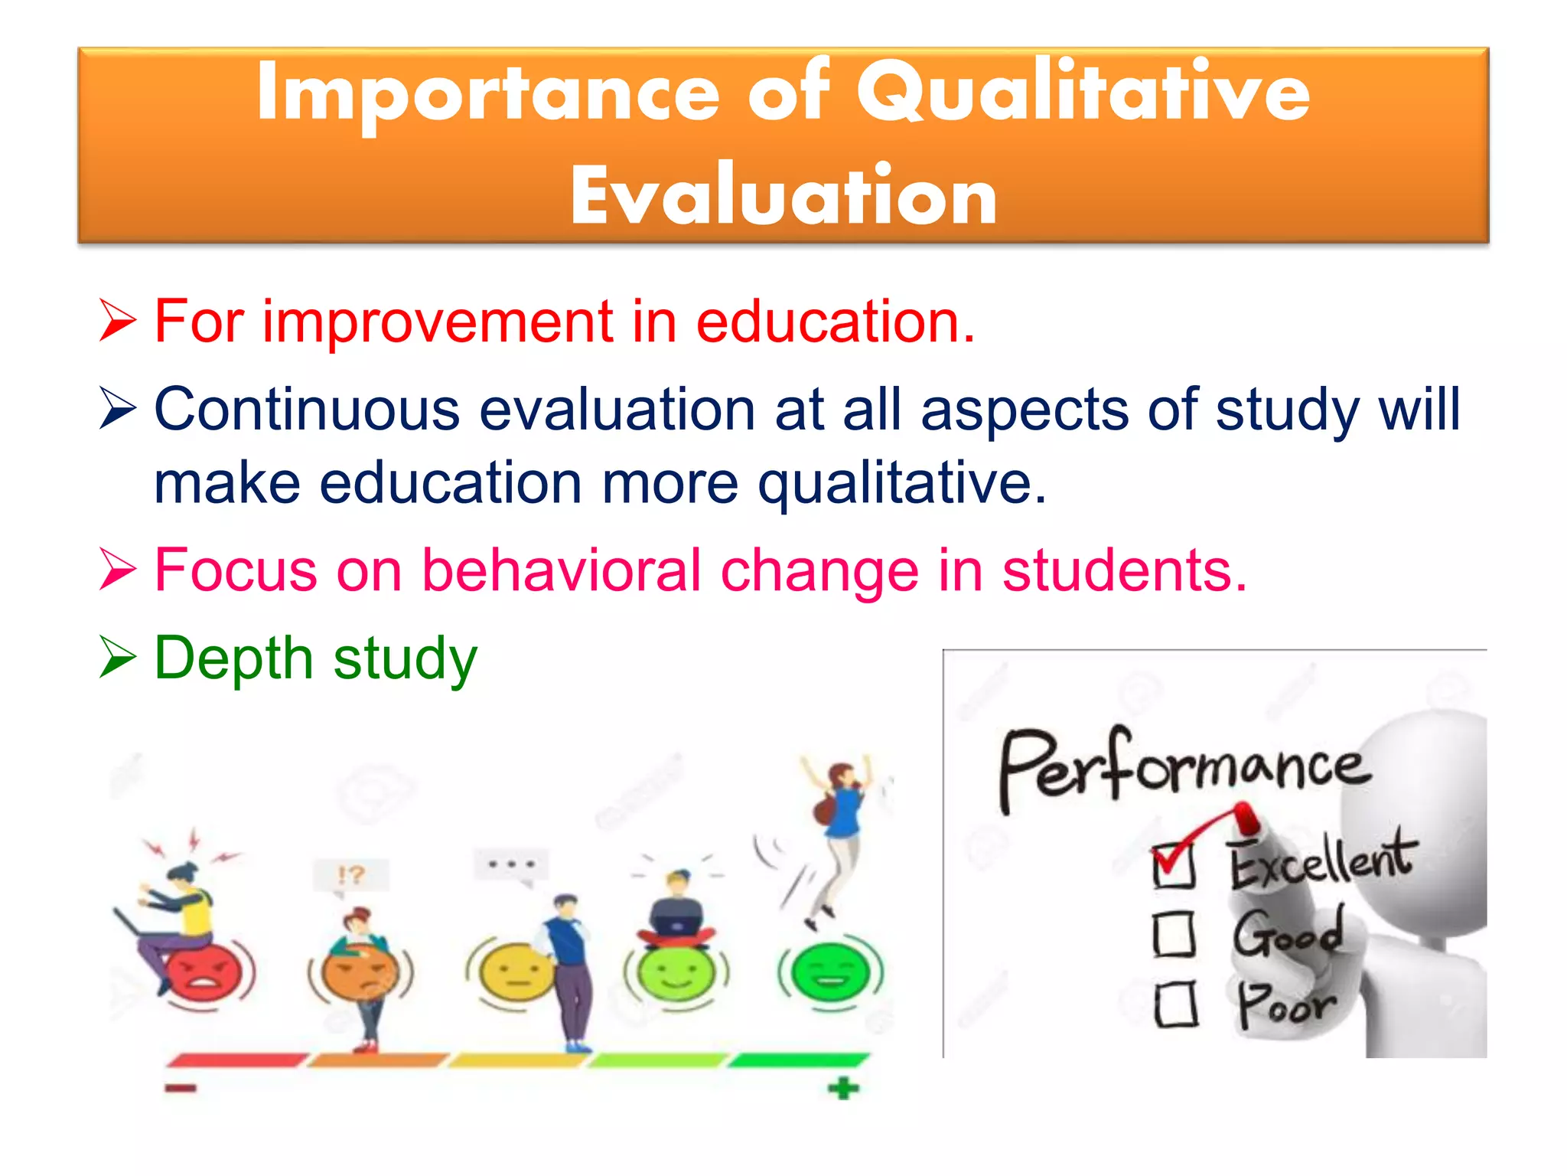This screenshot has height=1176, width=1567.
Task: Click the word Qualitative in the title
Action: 1082,94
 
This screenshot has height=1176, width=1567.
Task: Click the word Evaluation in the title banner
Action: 783,197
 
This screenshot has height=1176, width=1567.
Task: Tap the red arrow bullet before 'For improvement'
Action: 118,322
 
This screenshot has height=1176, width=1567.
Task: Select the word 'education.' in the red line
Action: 835,322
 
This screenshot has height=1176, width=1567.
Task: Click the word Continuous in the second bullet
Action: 306,410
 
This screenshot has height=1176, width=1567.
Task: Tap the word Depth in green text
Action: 233,658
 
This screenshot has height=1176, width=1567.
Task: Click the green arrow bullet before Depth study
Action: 118,658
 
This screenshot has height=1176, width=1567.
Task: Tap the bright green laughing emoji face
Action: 830,972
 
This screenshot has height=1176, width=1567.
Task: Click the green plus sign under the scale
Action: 843,1088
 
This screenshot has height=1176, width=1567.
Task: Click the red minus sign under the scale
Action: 181,1088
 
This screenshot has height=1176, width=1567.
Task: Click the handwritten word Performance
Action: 1182,766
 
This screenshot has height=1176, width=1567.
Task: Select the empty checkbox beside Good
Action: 1174,934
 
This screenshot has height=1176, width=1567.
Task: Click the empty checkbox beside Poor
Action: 1175,1004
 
